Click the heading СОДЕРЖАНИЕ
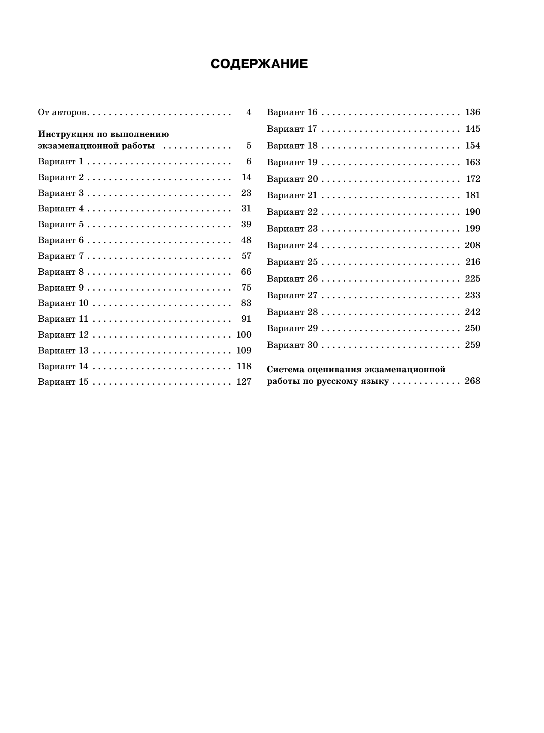point(259,64)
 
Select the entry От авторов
point(63,113)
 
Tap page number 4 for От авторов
point(249,113)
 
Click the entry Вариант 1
point(61,162)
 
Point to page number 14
point(246,177)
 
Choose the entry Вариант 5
point(61,225)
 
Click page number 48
point(246,240)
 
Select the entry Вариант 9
point(61,288)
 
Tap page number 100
point(244,335)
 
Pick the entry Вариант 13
point(63,350)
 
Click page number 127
point(244,382)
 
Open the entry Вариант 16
point(292,113)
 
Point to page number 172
point(473,179)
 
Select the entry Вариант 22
point(292,212)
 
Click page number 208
point(472,245)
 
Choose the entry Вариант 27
point(292,295)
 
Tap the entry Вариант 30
point(292,345)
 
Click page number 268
point(472,381)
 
